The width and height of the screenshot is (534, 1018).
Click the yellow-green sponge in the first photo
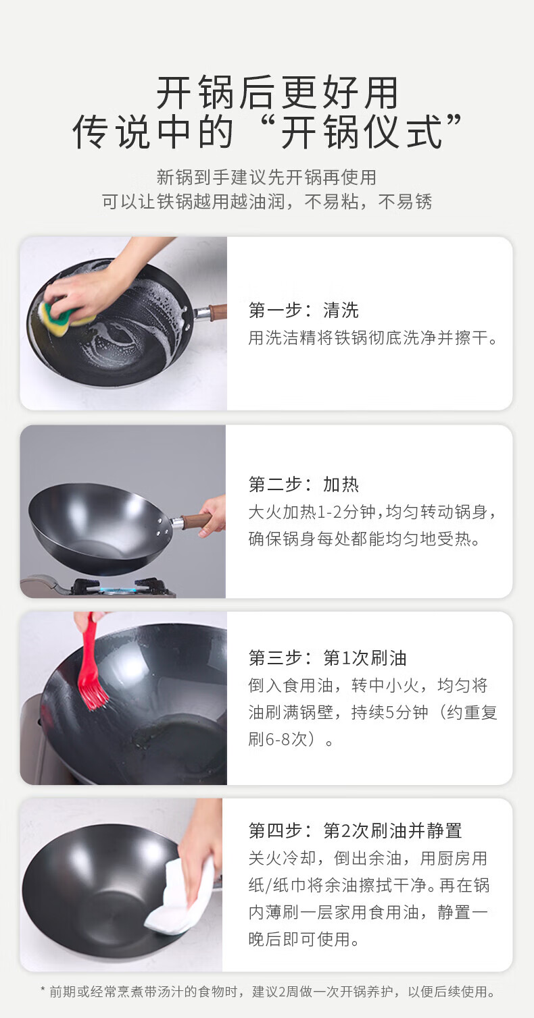[64, 313]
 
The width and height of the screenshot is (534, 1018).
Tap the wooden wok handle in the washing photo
[218, 312]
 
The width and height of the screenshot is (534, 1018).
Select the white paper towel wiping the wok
[175, 898]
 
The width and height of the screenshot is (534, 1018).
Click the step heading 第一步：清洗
[304, 311]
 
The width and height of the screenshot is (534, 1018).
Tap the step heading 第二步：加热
[304, 485]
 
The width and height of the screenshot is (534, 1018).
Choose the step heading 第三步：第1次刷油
[327, 658]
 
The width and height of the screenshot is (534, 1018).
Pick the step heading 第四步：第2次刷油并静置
[355, 831]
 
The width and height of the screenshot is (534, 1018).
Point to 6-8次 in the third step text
[287, 739]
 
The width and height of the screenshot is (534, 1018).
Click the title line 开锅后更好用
[277, 92]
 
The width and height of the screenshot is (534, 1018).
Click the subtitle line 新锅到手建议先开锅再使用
[267, 178]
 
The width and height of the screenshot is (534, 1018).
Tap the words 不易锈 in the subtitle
[405, 202]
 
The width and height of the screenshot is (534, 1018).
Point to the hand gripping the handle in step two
[213, 516]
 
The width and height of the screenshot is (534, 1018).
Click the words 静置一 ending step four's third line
[462, 912]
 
